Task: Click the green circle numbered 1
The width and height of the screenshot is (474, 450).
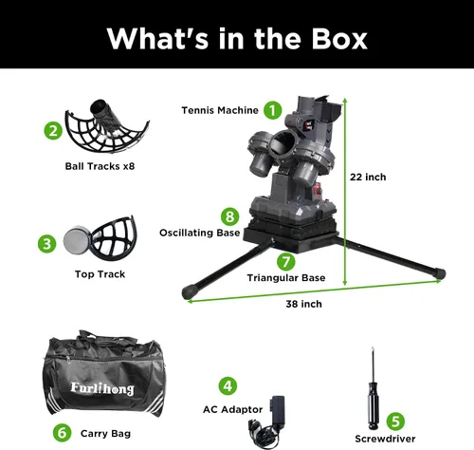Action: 273,110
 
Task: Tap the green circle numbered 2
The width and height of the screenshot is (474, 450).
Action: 53,130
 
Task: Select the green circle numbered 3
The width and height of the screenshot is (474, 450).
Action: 46,244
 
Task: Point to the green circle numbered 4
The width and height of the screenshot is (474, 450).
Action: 228,385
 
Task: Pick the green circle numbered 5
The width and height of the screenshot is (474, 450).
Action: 395,422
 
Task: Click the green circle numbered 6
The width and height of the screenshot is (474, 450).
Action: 62,433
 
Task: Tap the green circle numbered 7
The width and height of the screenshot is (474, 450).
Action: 286,262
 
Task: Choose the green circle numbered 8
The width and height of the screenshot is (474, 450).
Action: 229,216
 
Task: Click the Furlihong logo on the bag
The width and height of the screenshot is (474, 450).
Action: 102,388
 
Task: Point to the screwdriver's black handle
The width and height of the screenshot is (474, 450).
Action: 373,405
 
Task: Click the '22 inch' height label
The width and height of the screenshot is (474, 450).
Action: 368,177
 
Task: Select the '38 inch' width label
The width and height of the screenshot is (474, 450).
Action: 303,304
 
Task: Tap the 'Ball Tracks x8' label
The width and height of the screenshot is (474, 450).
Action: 100,166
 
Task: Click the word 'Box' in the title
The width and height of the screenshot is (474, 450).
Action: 339,39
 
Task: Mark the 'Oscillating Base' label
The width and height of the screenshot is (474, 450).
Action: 200,233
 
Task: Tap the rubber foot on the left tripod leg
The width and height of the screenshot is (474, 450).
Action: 189,291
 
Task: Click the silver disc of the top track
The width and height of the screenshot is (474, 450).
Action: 77,240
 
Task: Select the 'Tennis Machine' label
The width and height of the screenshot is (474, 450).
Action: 220,110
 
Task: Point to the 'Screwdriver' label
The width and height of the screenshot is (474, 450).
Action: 385,439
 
